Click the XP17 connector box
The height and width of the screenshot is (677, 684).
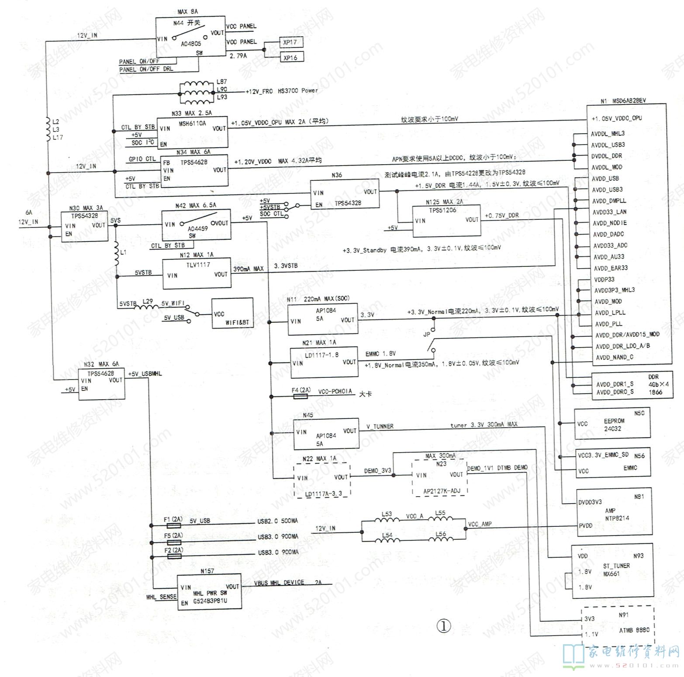click(290, 42)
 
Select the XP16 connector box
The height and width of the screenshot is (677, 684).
click(290, 57)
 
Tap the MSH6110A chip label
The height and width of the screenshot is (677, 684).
click(193, 124)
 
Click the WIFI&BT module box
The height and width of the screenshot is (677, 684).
click(232, 313)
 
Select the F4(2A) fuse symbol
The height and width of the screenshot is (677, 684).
click(301, 397)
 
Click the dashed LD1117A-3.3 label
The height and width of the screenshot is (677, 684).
click(323, 494)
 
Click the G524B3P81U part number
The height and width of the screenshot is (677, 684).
click(210, 601)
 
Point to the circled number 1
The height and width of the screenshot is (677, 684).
click(444, 626)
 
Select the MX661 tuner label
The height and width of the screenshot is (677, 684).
click(611, 573)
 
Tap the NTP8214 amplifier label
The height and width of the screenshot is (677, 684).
click(616, 518)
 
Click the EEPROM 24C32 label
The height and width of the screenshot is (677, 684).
click(614, 425)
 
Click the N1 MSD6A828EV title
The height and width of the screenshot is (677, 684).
click(623, 100)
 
